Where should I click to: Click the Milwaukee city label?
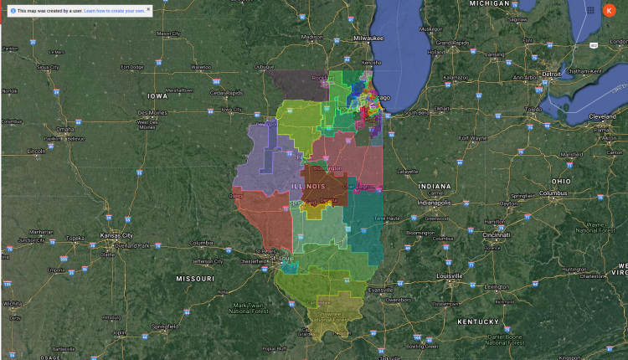click(x=367, y=39)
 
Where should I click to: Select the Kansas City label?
click(x=116, y=236)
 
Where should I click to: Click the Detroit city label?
click(x=551, y=74)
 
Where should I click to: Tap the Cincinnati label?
click(x=498, y=235)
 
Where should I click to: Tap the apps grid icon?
click(x=591, y=10)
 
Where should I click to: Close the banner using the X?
click(x=148, y=8)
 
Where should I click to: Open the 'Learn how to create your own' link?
click(x=114, y=10)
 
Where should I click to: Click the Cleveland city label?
click(x=603, y=116)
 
